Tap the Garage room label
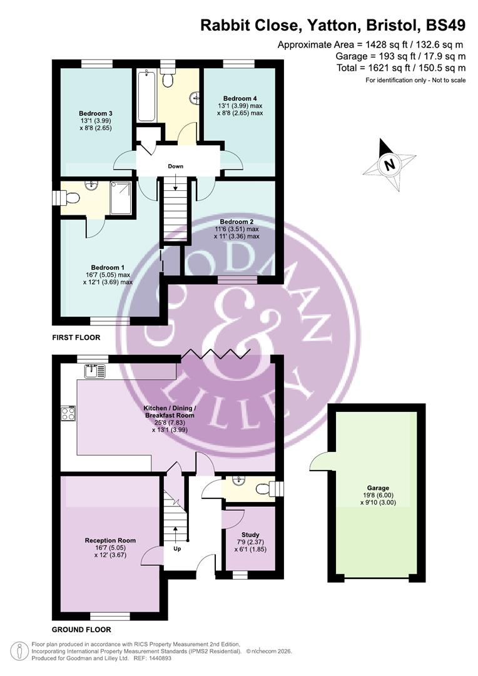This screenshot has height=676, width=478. coord(378,488)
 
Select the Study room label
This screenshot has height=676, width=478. coord(250,535)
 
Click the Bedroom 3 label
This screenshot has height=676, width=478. coord(96,113)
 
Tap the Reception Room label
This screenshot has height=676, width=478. coord(110,540)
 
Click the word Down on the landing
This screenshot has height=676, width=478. coord(175,166)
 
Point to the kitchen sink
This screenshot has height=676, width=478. coord(95,371)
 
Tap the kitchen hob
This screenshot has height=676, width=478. coord(68,413)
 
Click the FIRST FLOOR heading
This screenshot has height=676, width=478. coord(76,337)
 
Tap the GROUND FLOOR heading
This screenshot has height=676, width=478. coord(81,629)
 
